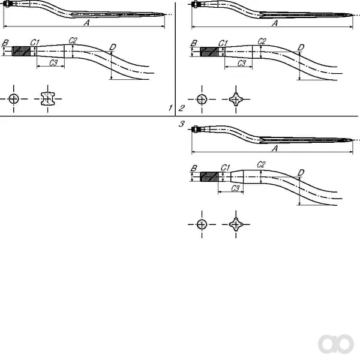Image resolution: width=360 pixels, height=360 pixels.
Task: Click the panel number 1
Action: click(170, 107)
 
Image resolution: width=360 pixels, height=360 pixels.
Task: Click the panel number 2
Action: click(181, 108)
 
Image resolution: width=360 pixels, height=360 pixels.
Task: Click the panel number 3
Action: click(181, 124)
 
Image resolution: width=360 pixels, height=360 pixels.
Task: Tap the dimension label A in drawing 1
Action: click(86, 23)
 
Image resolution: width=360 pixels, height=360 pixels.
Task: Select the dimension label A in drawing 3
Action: click(275, 149)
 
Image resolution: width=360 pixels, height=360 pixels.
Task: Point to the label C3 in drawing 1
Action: click(53, 62)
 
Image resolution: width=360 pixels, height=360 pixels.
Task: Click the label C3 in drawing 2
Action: click(242, 63)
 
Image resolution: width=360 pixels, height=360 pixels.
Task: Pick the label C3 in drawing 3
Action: click(235, 188)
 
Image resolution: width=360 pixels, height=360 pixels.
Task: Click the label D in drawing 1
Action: click(113, 47)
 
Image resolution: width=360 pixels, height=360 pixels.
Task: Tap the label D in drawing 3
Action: click(301, 172)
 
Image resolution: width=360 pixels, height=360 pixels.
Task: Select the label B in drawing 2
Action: click(194, 43)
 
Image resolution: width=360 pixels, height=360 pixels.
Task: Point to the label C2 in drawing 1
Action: click(73, 41)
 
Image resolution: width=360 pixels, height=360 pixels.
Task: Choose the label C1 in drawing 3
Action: click(225, 168)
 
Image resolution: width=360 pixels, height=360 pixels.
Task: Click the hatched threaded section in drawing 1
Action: click(21, 51)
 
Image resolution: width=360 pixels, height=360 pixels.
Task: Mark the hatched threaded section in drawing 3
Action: click(209, 176)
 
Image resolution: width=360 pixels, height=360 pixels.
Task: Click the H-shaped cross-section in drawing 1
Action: click(48, 99)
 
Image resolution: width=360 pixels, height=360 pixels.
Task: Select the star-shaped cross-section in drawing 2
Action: click(236, 100)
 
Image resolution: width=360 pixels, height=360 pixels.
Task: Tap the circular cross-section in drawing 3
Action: click(202, 224)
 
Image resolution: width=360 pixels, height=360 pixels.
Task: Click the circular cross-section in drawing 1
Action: click(14, 99)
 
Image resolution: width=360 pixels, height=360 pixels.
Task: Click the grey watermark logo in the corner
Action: click(336, 344)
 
